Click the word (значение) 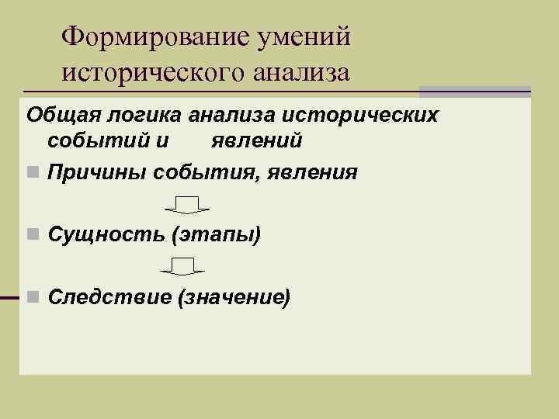pos(234,296)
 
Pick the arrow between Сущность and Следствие pos(182,267)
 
